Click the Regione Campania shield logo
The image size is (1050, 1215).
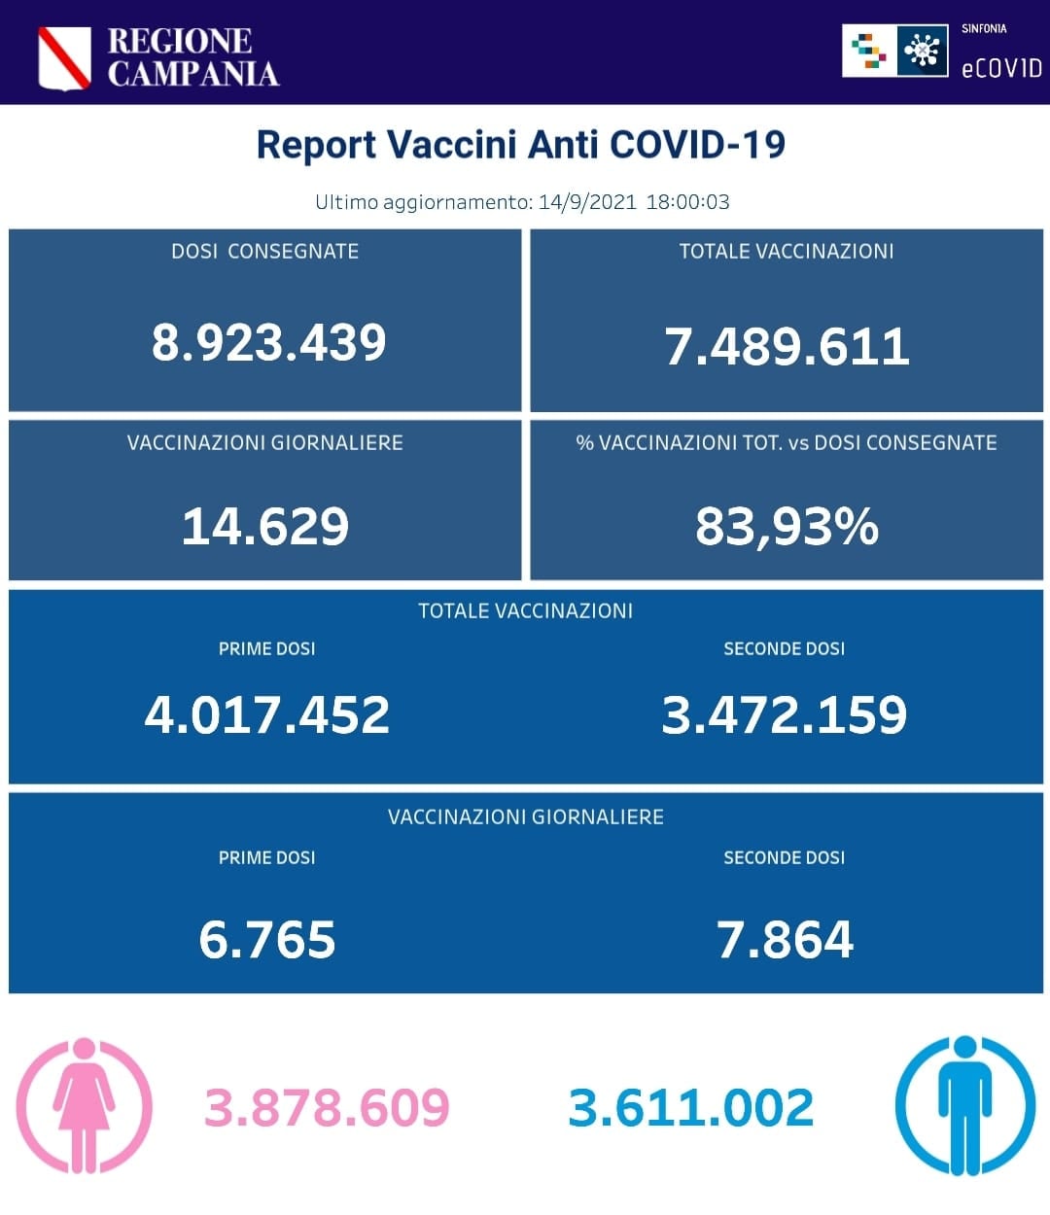(64, 57)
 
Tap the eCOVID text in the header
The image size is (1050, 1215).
(1001, 68)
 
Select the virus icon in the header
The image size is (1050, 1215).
(922, 51)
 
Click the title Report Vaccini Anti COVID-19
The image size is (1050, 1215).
(520, 145)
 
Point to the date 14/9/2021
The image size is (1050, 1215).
(587, 202)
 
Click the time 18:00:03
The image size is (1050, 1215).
(687, 202)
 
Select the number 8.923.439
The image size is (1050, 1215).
(268, 342)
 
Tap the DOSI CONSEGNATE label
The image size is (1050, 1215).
(264, 252)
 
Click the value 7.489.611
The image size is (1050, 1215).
(787, 346)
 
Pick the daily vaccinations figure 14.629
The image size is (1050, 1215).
(265, 526)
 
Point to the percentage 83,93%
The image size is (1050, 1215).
(787, 526)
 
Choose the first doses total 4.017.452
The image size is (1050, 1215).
(267, 714)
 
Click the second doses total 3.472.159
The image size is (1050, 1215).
(785, 714)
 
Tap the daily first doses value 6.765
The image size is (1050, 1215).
(267, 939)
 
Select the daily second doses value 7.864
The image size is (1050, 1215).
(785, 939)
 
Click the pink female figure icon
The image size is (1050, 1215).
(85, 1105)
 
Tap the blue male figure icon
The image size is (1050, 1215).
(964, 1105)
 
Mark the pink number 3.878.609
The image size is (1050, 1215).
(327, 1108)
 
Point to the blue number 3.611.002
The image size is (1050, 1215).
(690, 1108)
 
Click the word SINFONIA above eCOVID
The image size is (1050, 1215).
(984, 29)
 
